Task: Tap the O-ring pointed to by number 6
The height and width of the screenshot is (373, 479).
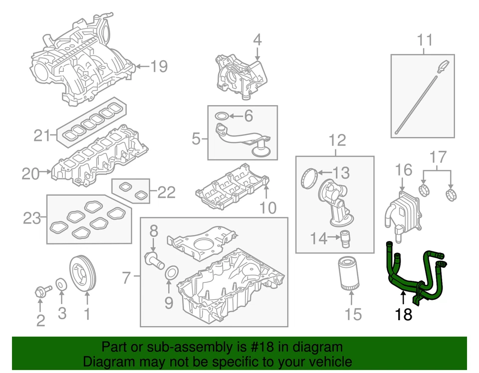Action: (223, 117)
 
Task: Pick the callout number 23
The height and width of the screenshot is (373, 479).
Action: (32, 219)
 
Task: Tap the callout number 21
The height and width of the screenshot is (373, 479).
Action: (43, 134)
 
